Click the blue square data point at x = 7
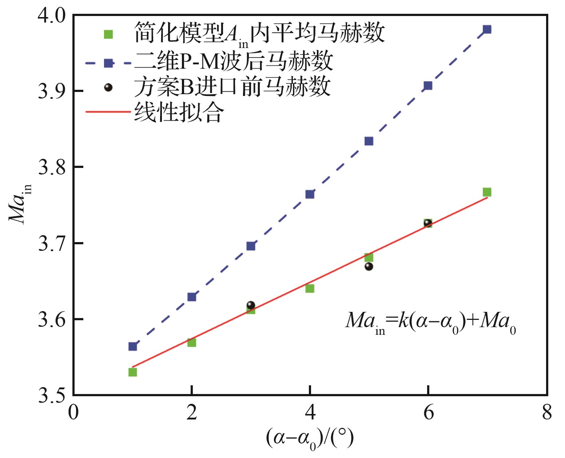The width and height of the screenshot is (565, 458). (487, 29)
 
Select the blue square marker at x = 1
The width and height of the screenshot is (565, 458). (133, 346)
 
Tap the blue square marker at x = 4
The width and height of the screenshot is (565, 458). (310, 194)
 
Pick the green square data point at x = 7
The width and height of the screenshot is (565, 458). (487, 192)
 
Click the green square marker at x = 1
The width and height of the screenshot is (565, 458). (133, 372)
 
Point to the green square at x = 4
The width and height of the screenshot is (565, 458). (310, 289)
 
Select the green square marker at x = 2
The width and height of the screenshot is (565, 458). (192, 342)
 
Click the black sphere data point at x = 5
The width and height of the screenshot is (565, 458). (369, 266)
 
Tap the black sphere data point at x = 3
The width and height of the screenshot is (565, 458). (251, 305)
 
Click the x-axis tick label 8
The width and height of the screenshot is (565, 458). (547, 413)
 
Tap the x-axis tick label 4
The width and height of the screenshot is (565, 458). (310, 413)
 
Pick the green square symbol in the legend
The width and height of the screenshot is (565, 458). (108, 34)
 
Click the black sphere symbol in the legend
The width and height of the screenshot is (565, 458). (108, 87)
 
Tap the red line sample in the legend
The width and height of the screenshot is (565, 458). (108, 112)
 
